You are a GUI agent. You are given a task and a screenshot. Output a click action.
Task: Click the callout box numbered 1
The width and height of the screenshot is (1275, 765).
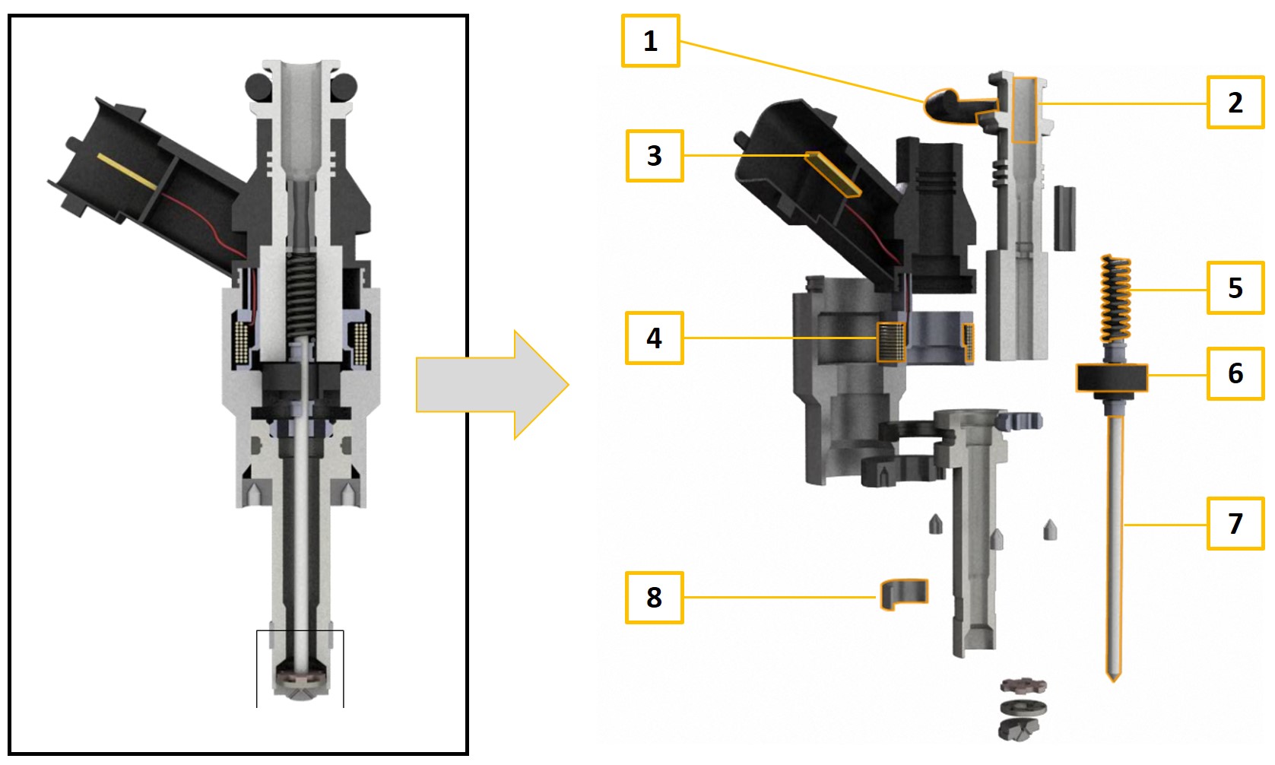pos(650,41)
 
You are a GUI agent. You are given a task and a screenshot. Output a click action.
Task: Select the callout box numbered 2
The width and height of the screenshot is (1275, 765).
pos(1235,103)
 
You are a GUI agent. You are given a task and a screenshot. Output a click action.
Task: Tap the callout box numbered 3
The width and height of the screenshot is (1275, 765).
pos(654,156)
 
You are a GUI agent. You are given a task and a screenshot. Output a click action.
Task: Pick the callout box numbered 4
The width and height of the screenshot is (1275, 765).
pos(654,338)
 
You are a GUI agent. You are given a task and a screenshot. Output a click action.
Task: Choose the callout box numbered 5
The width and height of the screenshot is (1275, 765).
pos(1235,288)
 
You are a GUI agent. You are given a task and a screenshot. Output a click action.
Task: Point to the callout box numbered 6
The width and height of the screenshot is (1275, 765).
pos(1235,373)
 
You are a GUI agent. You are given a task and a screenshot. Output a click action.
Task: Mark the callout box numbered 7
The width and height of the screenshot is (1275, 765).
pos(1235,524)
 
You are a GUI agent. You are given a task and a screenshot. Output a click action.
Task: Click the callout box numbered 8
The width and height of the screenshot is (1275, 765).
pos(654,598)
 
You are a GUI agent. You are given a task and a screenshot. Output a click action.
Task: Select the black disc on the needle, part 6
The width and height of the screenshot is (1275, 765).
pos(1111,377)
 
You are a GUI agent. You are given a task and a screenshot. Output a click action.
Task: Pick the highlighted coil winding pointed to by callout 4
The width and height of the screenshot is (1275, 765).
pos(890,342)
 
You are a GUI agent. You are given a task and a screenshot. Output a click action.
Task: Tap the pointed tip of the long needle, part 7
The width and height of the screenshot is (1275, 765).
pos(1114,675)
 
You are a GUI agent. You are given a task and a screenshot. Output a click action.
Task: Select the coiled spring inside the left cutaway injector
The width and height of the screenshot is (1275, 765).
pos(301,297)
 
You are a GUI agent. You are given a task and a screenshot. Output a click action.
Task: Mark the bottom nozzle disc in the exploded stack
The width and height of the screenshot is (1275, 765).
pos(1019,729)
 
